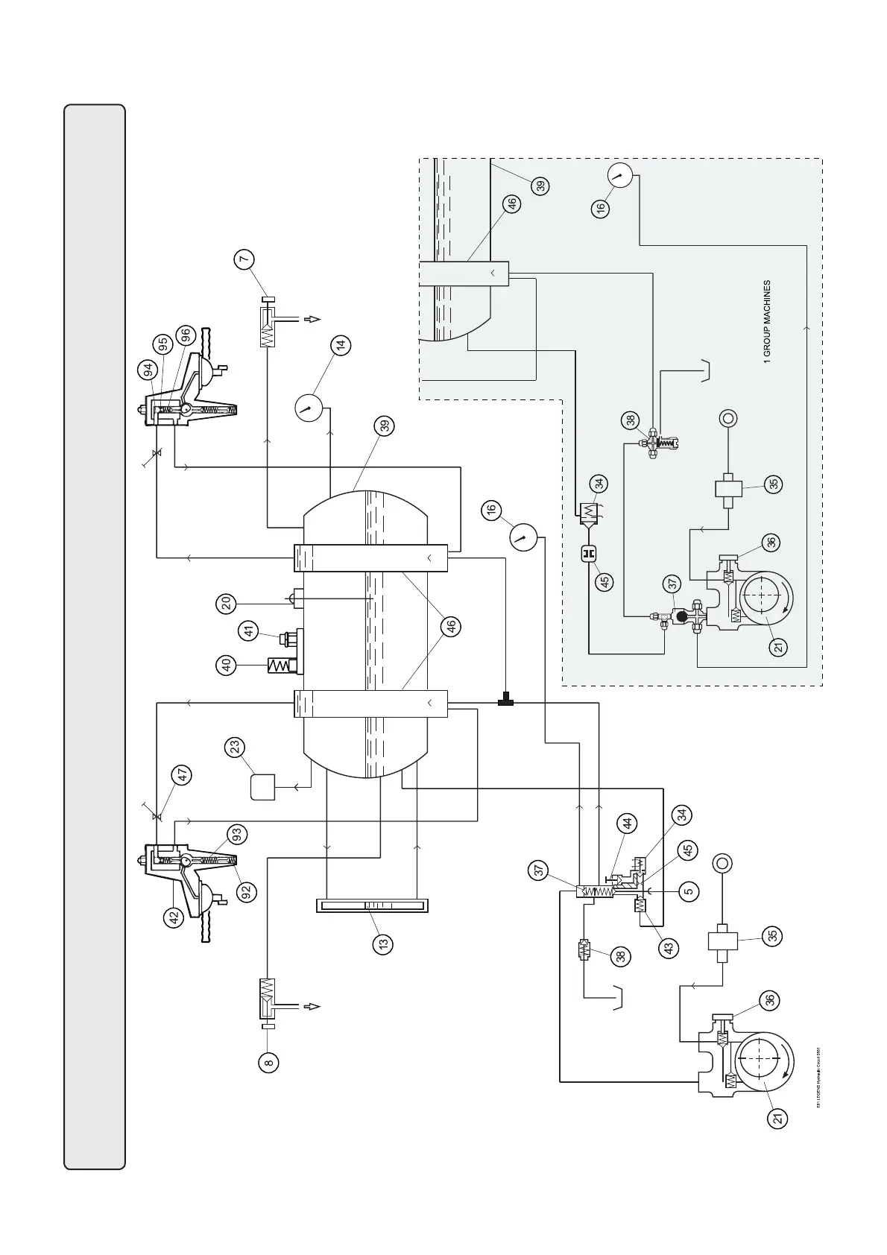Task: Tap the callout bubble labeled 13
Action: pyautogui.click(x=383, y=943)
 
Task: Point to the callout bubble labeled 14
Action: pyautogui.click(x=341, y=346)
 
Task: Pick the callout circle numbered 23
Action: pyautogui.click(x=236, y=747)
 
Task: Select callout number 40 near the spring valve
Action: pyautogui.click(x=229, y=665)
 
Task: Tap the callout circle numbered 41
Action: pyautogui.click(x=249, y=631)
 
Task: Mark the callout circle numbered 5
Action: pyautogui.click(x=689, y=890)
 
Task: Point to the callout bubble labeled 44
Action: pyautogui.click(x=628, y=824)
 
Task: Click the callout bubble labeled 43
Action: pyautogui.click(x=669, y=948)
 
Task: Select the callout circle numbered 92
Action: pyautogui.click(x=247, y=891)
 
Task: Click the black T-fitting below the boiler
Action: pyautogui.click(x=505, y=700)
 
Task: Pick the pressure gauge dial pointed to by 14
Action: pyautogui.click(x=307, y=408)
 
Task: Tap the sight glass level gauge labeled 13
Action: pyautogui.click(x=372, y=905)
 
